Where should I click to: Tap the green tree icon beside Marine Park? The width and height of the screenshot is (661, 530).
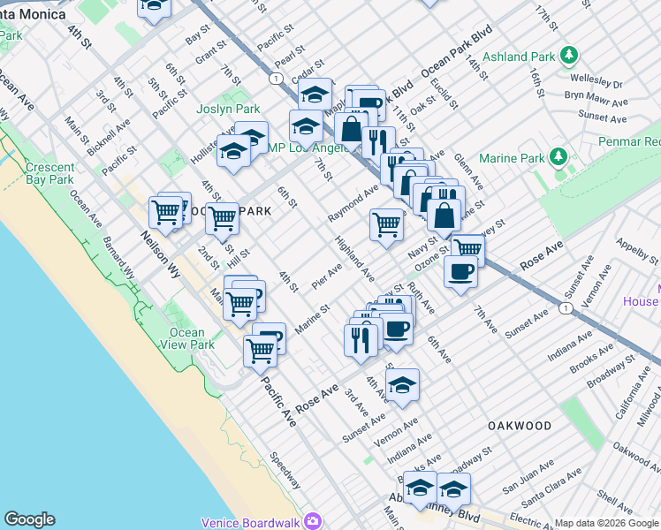coord(558,158)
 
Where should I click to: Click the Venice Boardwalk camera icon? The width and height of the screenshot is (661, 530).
coord(311,521)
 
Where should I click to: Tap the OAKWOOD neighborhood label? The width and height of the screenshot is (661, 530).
coord(520,426)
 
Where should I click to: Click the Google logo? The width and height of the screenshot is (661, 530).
coord(29,519)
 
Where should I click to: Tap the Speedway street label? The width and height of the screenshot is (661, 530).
coord(286,472)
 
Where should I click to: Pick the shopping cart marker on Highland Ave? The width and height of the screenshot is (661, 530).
coord(386,225)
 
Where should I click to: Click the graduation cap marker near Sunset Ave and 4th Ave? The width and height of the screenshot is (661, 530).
coord(402,386)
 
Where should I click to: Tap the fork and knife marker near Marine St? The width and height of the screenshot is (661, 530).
coord(361,339)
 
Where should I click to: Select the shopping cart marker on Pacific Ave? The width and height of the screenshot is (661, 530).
coord(260,350)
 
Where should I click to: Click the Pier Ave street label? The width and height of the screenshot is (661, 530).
coord(327,275)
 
